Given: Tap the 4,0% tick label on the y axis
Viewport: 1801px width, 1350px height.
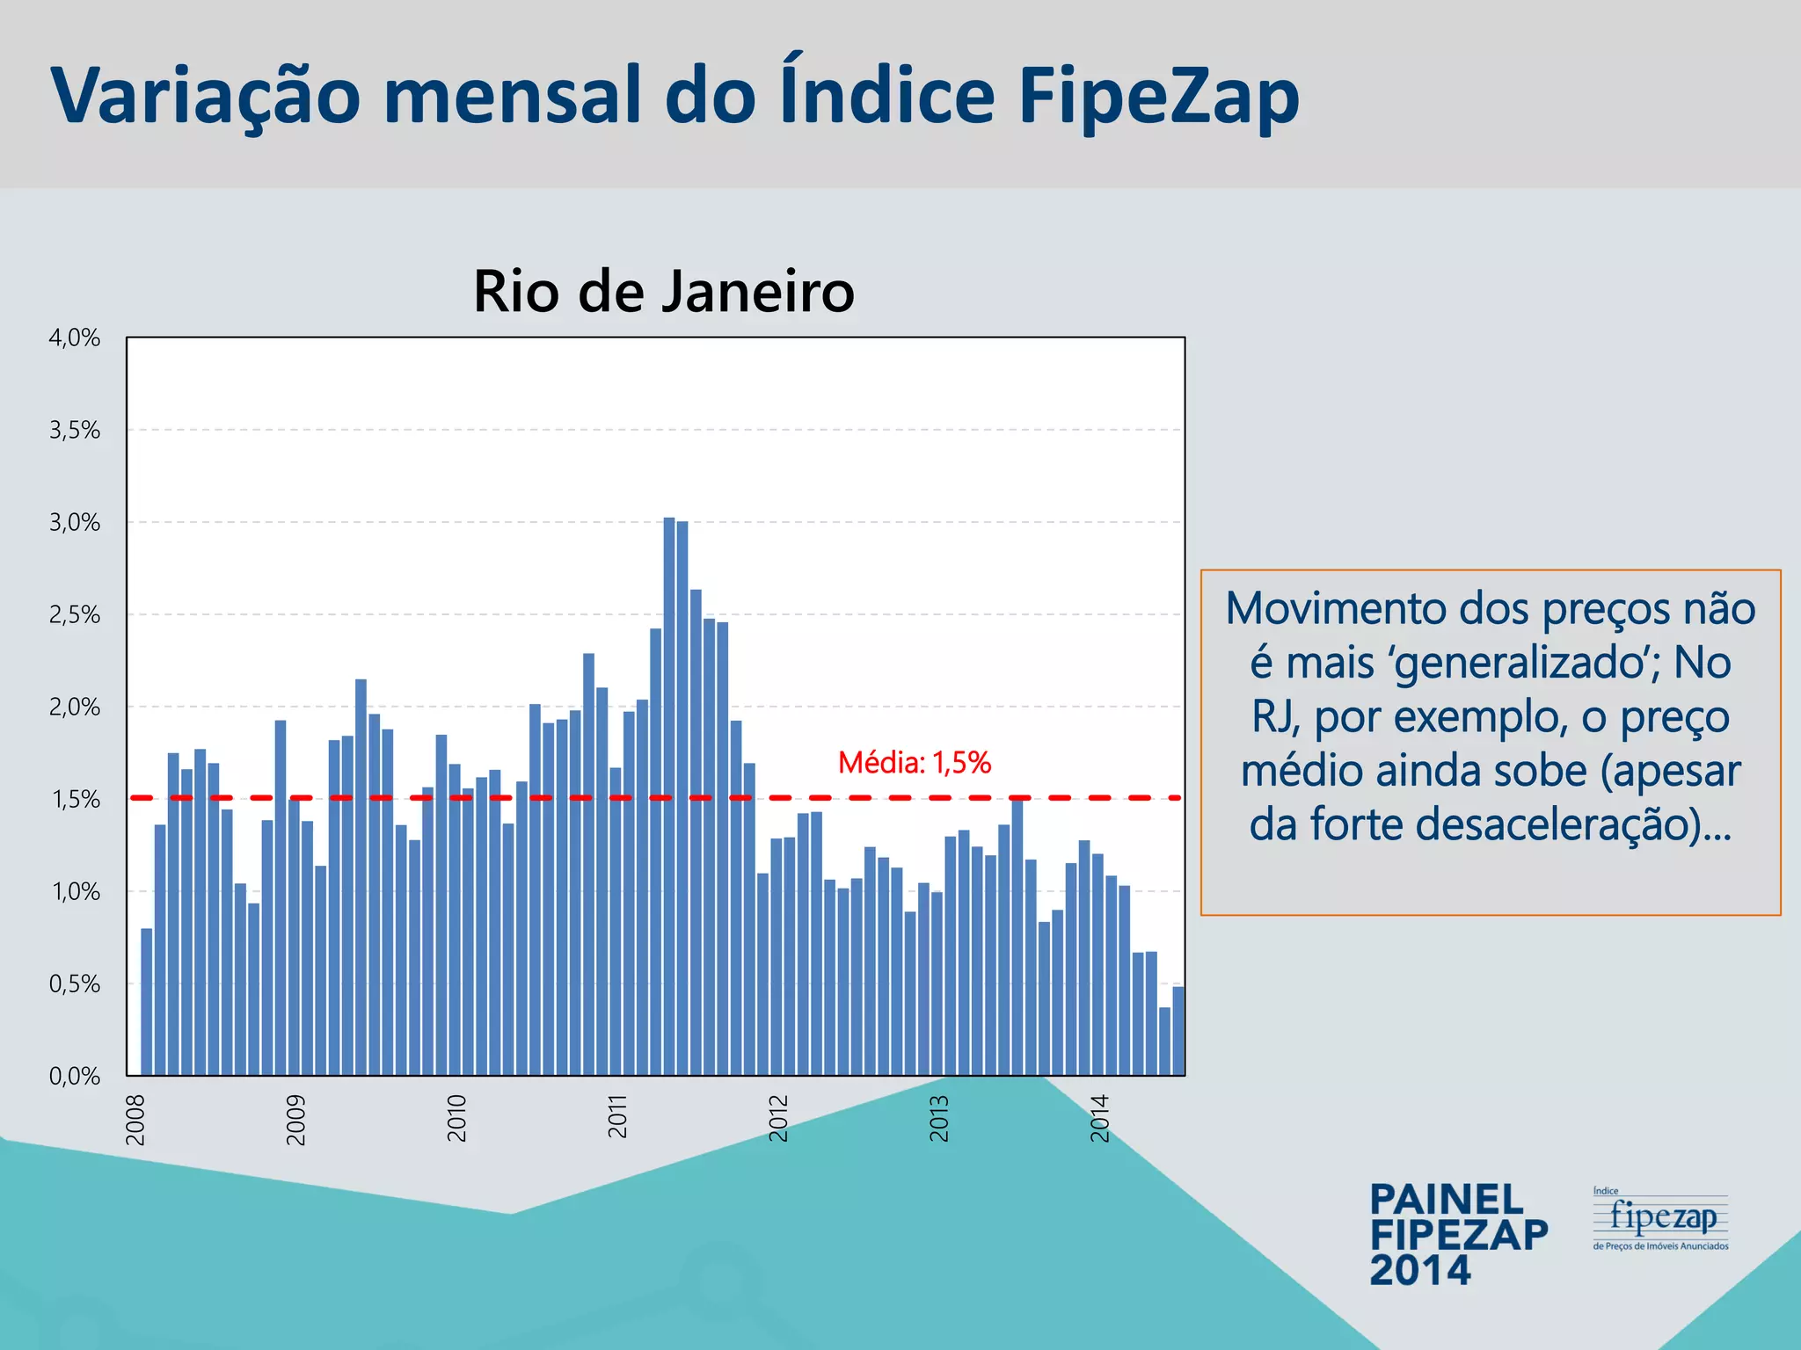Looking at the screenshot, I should pos(75,337).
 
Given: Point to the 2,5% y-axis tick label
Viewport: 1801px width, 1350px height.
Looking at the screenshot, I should pos(75,615).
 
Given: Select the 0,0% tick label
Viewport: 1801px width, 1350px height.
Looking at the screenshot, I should pos(75,1076).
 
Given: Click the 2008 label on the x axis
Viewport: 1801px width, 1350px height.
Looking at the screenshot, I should pos(135,1120).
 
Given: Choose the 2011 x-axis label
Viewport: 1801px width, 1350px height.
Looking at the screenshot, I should pos(618,1116).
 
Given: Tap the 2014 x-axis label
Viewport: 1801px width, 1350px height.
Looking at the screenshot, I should pos(1100,1118).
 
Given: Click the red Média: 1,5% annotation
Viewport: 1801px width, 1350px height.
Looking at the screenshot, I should pos(915,762).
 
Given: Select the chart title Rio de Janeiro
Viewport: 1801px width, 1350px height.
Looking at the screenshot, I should pos(664,291).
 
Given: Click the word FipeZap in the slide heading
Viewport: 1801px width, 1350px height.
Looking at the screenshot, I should pos(1159,95).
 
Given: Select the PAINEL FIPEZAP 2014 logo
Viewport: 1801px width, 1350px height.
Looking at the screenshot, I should pos(1458,1234).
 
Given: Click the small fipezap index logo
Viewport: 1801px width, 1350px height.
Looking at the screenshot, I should pos(1660,1219).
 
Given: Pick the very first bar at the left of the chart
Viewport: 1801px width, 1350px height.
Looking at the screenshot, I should pos(147,1002).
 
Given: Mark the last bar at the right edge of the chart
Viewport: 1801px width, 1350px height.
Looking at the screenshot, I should pos(1178,1031).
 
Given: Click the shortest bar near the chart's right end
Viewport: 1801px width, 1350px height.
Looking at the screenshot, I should pos(1164,1042).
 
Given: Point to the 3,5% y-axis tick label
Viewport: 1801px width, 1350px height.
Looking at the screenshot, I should pos(75,431).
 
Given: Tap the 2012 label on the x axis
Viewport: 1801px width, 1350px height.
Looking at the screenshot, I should pos(778,1118).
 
